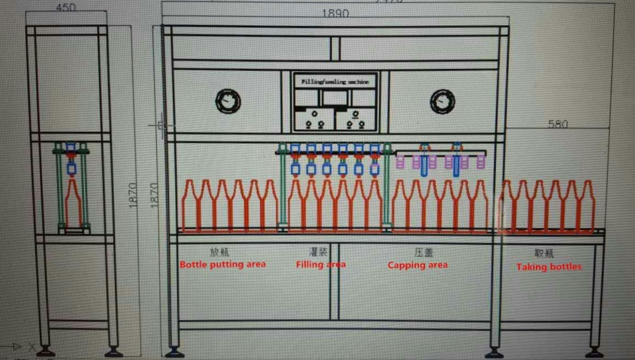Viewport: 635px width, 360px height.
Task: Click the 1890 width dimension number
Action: click(x=335, y=13)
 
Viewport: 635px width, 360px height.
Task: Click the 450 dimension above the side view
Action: click(x=65, y=8)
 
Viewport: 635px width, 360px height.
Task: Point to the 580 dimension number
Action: click(x=558, y=124)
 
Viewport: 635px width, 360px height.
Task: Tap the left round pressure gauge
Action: click(x=227, y=101)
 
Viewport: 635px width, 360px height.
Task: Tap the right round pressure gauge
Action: click(x=442, y=101)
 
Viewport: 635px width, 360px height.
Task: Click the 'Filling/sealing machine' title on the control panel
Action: click(x=335, y=82)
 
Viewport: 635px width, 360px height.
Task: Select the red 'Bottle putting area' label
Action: click(x=222, y=264)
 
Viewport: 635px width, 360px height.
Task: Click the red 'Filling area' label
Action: click(x=321, y=264)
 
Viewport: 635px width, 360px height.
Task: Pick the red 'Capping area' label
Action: click(x=417, y=265)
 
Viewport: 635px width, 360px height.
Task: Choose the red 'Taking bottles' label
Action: click(x=548, y=267)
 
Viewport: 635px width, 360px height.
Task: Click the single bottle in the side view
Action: click(x=73, y=203)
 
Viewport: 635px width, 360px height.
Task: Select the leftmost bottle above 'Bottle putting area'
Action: click(x=190, y=206)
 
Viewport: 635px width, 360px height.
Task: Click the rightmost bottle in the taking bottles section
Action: click(x=588, y=206)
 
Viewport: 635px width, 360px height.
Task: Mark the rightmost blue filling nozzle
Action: click(x=375, y=159)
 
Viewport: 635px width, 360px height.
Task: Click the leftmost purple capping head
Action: click(x=400, y=162)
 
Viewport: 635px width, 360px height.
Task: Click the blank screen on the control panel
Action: click(x=335, y=98)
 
